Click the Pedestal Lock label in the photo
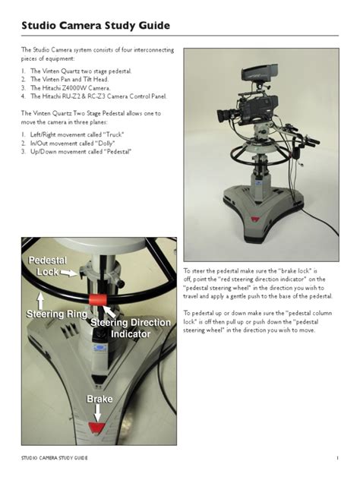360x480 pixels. tap(48, 266)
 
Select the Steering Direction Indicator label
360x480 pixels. tap(131, 328)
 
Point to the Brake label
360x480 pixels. tap(99, 399)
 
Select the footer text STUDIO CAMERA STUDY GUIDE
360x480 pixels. tap(55, 459)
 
